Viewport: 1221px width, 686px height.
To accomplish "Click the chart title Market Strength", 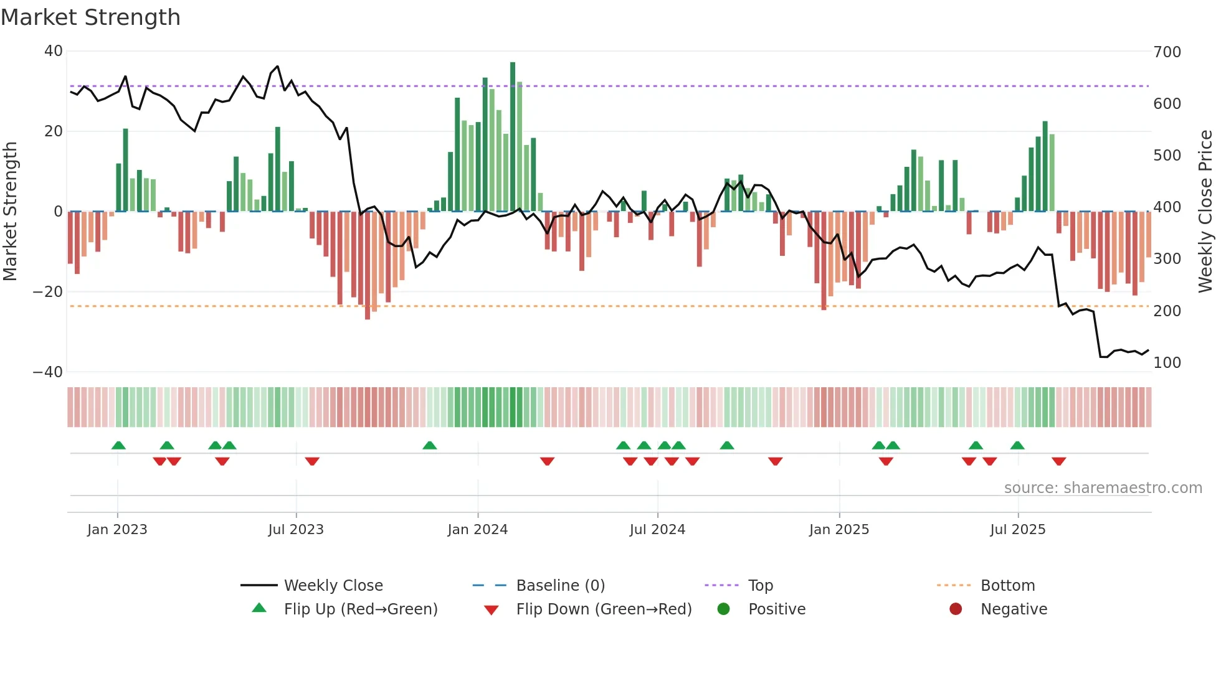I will [x=90, y=17].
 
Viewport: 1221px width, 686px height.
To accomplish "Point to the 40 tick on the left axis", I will [x=54, y=51].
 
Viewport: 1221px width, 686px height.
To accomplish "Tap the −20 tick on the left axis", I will [x=48, y=292].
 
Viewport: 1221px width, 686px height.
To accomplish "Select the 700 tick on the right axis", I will [x=1167, y=52].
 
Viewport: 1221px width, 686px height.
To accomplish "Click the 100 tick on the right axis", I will [x=1167, y=363].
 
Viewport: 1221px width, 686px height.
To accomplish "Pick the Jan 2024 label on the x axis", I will [x=477, y=530].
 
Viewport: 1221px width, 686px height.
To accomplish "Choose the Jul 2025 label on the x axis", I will [x=1017, y=530].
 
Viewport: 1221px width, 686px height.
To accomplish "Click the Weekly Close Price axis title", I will [x=1205, y=212].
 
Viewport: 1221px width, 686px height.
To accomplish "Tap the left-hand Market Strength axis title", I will [x=11, y=212].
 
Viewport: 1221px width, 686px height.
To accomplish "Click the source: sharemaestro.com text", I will [x=1103, y=488].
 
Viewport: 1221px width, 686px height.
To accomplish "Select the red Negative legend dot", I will [x=956, y=609].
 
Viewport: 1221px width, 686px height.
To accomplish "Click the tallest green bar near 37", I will [x=513, y=137].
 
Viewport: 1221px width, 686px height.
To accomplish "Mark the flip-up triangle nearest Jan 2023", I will [x=118, y=445].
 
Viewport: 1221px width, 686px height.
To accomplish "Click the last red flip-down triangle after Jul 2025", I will [x=1058, y=461].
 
